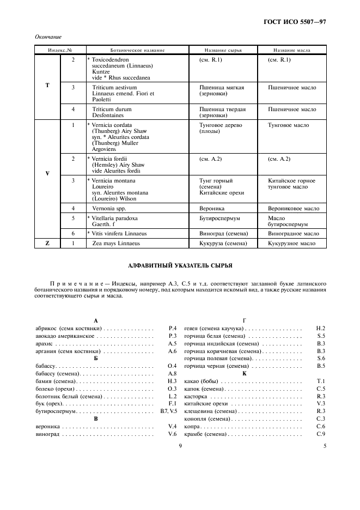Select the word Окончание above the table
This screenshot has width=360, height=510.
[47, 37]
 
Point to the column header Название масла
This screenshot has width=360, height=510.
[291, 50]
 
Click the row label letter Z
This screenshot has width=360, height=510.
[47, 244]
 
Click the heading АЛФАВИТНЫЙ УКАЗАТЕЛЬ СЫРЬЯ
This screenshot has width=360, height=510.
[180, 265]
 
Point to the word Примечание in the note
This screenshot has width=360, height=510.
[75, 284]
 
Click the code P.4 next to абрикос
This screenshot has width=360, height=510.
[173, 329]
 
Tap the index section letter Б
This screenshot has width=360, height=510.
[95, 359]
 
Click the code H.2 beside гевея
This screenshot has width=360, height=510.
[321, 329]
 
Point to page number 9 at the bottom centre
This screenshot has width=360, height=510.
[180, 446]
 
